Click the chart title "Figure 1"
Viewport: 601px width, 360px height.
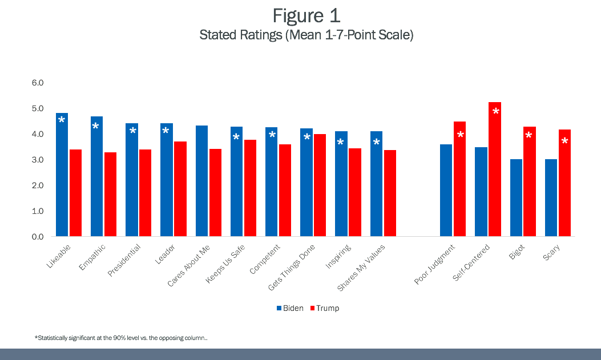point(306,15)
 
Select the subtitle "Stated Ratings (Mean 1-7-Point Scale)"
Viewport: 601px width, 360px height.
point(306,35)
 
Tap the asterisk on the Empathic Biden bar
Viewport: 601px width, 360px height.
point(96,126)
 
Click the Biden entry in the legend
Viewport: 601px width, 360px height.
point(290,308)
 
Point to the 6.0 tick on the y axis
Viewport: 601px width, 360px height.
point(38,83)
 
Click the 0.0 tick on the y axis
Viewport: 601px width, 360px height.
point(38,237)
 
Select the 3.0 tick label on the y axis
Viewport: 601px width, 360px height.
point(38,160)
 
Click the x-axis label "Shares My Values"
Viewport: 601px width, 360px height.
point(362,268)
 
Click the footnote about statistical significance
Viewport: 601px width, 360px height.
point(121,338)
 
